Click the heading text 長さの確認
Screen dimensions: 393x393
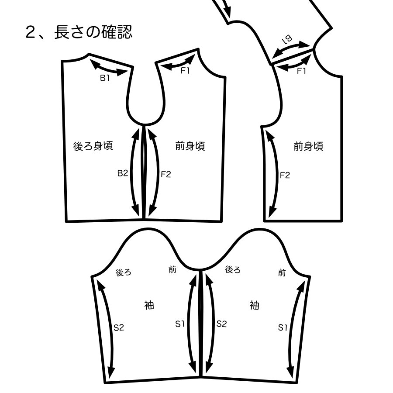coord(93,32)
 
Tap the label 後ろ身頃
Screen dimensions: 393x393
coord(93,146)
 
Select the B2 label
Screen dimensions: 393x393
coord(123,173)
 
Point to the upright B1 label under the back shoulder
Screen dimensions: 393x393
coord(105,78)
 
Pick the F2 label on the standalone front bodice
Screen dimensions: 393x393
coord(284,176)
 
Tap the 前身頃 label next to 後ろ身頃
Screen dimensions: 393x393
coord(190,146)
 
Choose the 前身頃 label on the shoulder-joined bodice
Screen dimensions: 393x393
coord(308,146)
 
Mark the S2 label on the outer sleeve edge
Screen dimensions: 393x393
coord(119,327)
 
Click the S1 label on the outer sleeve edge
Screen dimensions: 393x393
coord(283,327)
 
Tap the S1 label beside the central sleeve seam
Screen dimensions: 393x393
coord(180,324)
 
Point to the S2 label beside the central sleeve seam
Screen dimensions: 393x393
coord(222,324)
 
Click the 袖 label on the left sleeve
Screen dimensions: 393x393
coord(149,304)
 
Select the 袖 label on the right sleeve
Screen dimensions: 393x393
coord(255,304)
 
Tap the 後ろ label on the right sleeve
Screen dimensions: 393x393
coord(233,269)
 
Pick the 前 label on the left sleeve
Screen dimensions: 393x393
coord(172,269)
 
